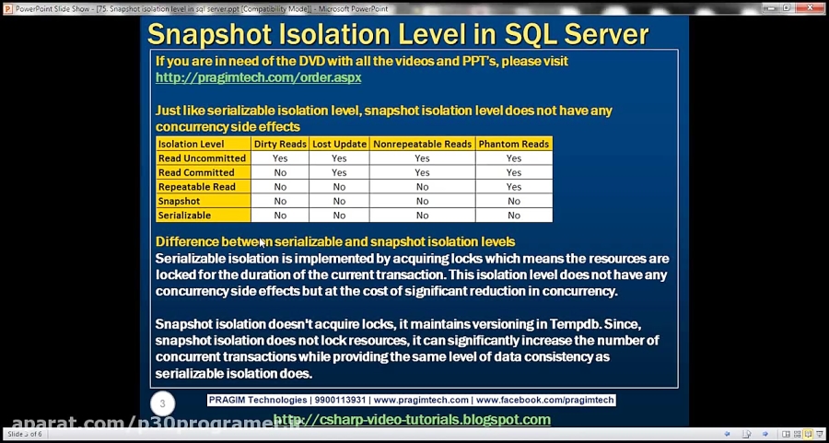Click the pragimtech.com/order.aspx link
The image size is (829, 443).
coord(258,77)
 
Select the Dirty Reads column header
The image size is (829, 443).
coord(280,144)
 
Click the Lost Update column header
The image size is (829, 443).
coord(338,144)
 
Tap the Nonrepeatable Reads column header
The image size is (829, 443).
coord(422,144)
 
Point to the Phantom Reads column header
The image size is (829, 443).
coord(513,144)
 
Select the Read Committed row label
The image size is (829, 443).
coord(196,172)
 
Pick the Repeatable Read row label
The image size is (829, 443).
coord(197,187)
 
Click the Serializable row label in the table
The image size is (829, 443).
coord(185,216)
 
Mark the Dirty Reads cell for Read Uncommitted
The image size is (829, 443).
coord(280,158)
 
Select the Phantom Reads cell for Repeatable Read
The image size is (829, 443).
coord(513,187)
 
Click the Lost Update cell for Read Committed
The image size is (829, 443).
coord(338,172)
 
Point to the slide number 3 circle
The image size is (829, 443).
coord(163,403)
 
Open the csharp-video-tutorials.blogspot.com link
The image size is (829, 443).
coord(412,420)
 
